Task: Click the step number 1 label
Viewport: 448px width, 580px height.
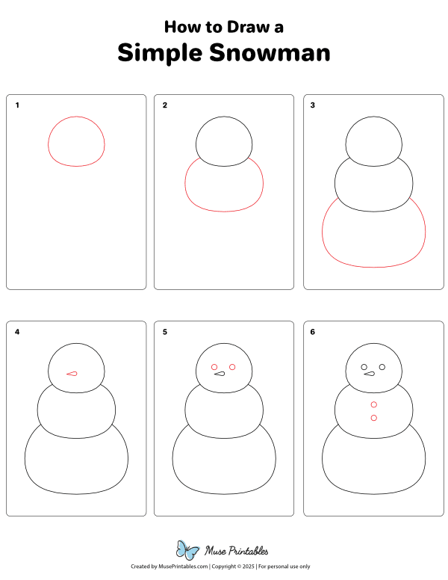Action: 17,105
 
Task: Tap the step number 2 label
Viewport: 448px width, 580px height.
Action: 165,105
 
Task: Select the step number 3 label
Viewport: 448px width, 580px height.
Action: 313,105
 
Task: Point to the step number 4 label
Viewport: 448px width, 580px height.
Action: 17,332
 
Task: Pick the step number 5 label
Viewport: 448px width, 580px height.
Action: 165,332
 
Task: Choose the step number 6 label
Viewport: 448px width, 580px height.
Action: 313,332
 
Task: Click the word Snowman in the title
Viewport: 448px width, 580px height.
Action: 270,52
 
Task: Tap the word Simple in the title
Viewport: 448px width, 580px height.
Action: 161,54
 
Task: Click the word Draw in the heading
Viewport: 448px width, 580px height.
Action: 248,27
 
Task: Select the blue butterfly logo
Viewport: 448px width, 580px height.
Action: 187,549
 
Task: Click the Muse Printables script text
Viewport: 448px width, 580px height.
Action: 237,551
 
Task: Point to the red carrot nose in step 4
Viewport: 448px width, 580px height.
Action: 72,374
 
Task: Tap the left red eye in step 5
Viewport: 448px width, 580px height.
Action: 214,367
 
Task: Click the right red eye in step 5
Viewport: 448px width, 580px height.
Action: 232,367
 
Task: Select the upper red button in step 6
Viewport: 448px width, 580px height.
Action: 373,404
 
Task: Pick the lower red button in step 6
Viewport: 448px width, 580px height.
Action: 373,418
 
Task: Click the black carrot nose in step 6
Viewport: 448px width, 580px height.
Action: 370,374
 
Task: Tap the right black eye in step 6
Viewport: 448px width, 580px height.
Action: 382,367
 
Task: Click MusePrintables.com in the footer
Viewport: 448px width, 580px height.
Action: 183,567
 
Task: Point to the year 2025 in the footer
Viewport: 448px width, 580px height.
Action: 249,567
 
